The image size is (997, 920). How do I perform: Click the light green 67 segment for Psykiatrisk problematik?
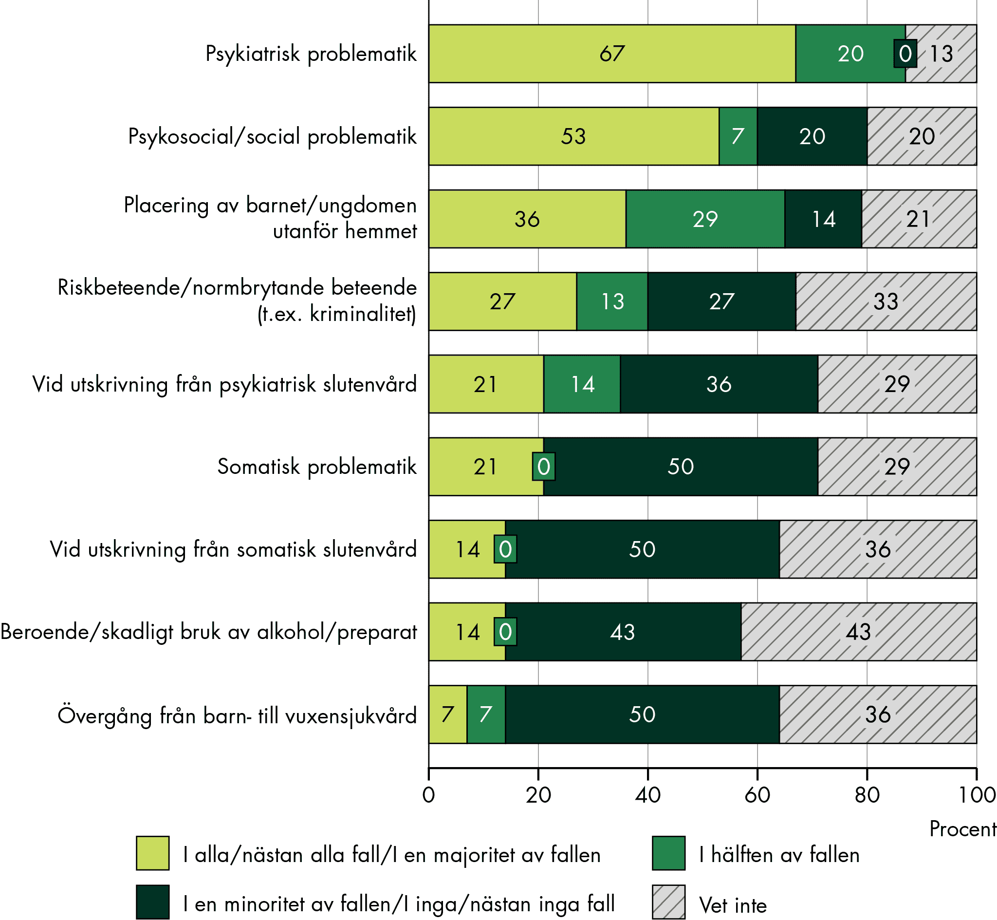click(x=612, y=54)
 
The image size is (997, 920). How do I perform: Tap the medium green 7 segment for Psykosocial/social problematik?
click(x=738, y=136)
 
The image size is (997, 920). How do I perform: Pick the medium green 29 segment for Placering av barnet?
click(x=705, y=219)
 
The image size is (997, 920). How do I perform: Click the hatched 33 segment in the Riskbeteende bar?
click(x=886, y=301)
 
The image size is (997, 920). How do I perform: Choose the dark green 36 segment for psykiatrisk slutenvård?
click(x=719, y=384)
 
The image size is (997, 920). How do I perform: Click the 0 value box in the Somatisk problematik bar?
click(x=544, y=467)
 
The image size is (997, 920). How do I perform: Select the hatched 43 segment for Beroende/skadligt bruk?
click(x=859, y=632)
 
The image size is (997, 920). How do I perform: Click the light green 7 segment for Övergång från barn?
click(x=447, y=715)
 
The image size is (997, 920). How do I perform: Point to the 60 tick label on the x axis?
click(x=757, y=795)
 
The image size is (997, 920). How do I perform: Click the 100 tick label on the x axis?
click(x=977, y=795)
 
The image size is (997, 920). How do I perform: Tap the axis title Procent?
click(x=962, y=829)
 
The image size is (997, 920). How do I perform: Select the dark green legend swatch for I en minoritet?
click(x=153, y=901)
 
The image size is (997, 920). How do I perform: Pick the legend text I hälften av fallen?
click(x=779, y=855)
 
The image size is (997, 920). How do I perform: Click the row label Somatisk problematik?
click(x=317, y=467)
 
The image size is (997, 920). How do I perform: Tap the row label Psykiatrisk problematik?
click(x=311, y=54)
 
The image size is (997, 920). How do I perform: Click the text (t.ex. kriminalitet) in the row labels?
click(x=337, y=315)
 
